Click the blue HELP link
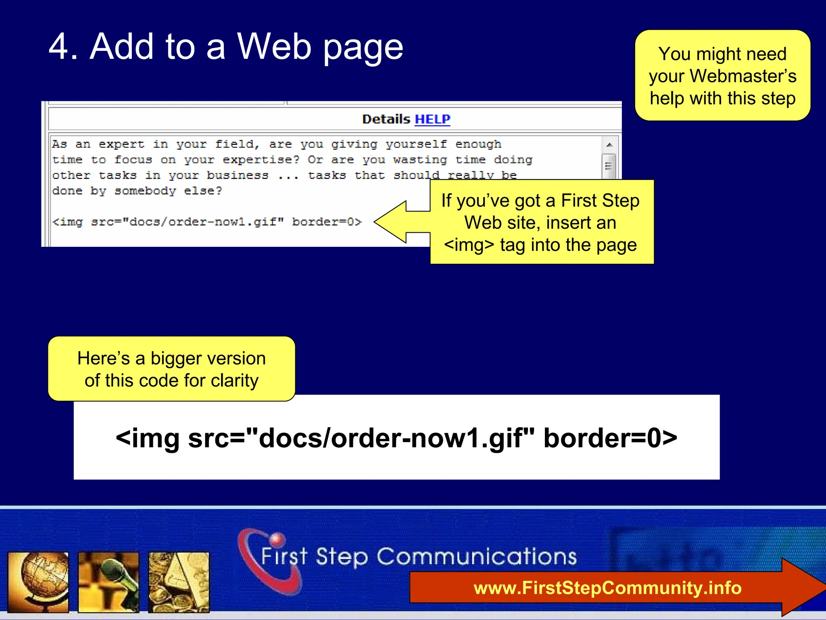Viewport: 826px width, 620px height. (x=432, y=119)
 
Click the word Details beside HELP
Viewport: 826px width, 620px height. (x=386, y=119)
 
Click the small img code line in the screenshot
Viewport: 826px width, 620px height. (x=207, y=222)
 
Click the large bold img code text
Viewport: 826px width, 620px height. (x=396, y=438)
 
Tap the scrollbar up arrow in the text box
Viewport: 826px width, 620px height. (x=609, y=145)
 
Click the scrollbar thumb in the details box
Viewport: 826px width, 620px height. (x=609, y=165)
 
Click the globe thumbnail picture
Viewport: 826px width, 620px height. (x=38, y=582)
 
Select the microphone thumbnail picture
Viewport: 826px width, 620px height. (x=108, y=582)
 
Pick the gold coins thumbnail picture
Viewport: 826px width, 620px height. (x=179, y=582)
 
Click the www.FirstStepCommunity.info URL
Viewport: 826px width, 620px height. (x=607, y=588)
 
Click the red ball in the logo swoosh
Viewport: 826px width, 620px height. (x=277, y=539)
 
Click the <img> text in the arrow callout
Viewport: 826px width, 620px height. (x=469, y=245)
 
